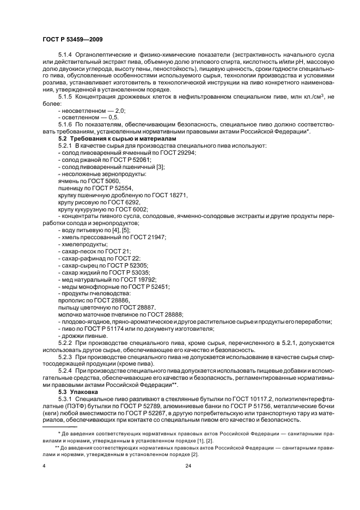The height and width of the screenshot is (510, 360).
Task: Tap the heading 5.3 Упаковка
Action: coord(78,392)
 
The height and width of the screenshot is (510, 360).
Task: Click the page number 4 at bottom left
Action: coord(44,465)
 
